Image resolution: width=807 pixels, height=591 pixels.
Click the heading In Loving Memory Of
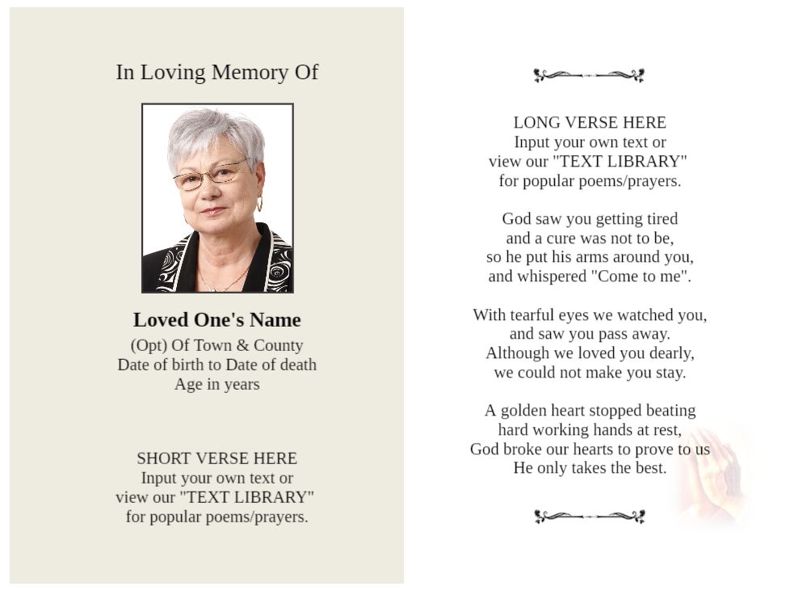coord(216,72)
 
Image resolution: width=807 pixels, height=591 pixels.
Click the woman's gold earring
coord(259,204)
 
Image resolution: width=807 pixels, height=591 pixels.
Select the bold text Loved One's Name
coord(216,319)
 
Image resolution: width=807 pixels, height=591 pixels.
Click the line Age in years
coord(216,384)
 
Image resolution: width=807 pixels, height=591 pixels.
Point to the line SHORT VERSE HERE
coord(216,458)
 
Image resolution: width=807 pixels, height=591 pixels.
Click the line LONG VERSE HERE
coord(590,123)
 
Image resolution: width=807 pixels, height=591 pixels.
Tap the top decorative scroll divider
coord(589,76)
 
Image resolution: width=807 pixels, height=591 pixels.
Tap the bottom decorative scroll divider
coord(589,517)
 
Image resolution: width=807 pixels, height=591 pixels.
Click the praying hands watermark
coord(715,477)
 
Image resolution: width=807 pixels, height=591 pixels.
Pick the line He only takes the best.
coord(590,468)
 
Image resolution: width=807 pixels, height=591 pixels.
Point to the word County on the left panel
coord(278,345)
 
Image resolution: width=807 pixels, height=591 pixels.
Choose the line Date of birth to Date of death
coord(216,365)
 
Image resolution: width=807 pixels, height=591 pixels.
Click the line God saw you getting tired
coord(590,219)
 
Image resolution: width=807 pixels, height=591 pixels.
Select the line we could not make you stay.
coord(590,373)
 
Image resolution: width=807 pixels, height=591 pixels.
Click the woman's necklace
coord(221,285)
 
